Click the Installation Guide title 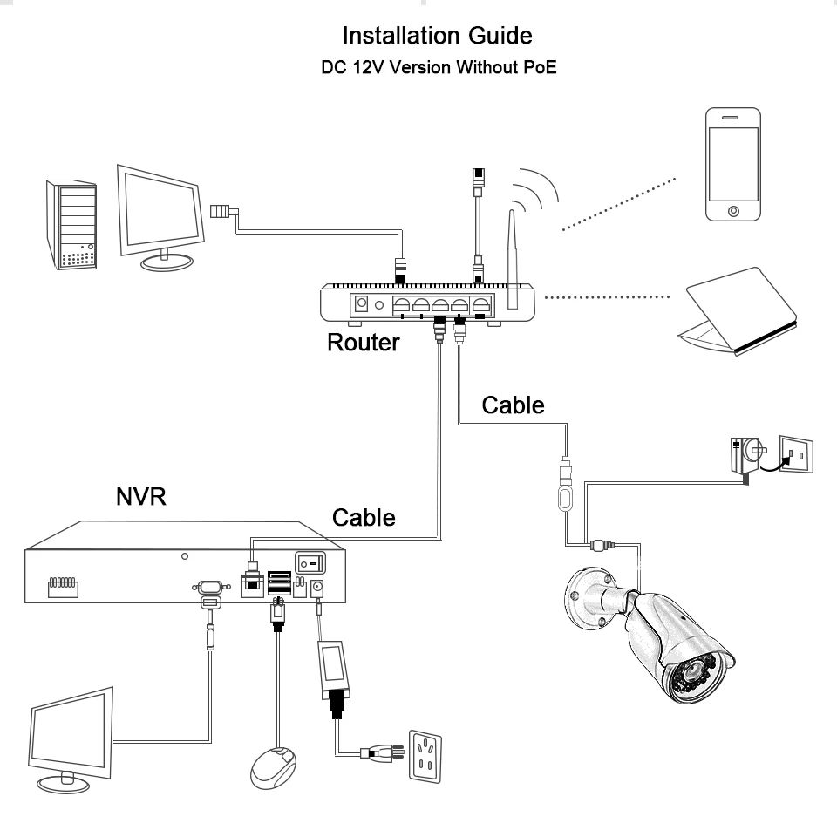(x=438, y=37)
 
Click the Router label (x=363, y=342)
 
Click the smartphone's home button (x=733, y=212)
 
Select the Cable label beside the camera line (x=514, y=405)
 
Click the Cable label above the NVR (x=364, y=517)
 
